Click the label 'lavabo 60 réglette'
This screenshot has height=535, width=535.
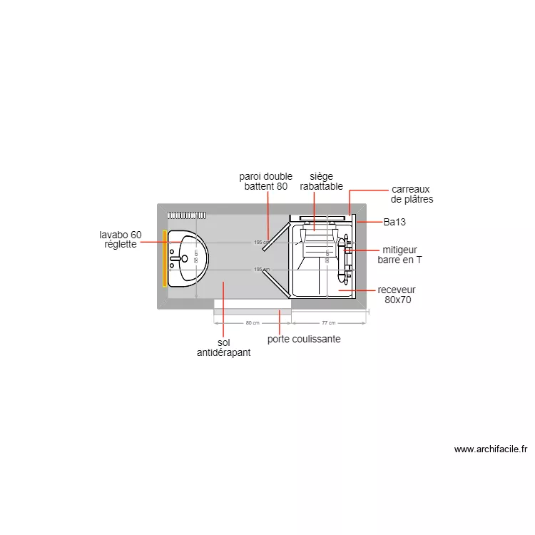coord(121,240)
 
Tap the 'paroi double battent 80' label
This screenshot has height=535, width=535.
coord(265,181)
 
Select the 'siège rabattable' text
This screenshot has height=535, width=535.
coord(316,181)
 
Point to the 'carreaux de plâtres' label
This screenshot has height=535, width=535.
coord(412,194)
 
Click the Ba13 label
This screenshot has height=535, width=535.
coord(394,223)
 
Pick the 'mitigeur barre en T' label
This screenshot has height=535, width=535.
coord(399,255)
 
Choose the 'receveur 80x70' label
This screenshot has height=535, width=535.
coord(397,295)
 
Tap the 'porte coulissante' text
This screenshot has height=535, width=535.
coord(304,339)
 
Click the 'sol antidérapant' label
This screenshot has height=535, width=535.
coord(223,347)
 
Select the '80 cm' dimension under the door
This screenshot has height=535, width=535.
coord(252,323)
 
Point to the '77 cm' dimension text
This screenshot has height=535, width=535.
coord(329,323)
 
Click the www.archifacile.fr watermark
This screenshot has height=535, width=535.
coord(490,449)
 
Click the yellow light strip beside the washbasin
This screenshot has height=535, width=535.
coord(165,258)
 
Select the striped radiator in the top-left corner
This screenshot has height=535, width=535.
coord(187,215)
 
